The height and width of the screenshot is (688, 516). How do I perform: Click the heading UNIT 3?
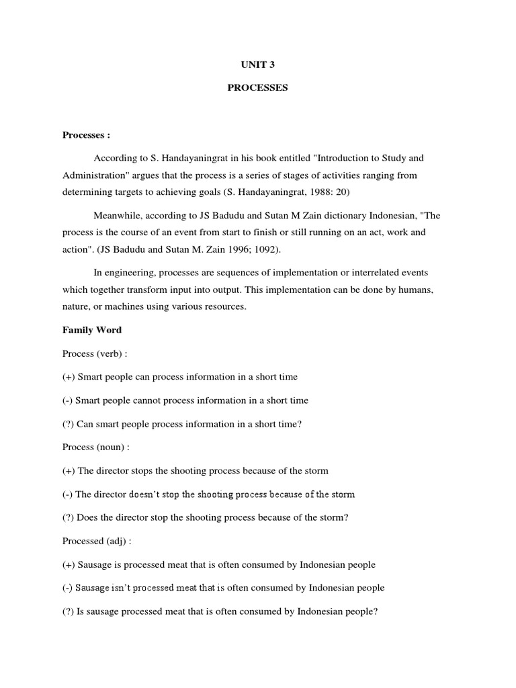257,65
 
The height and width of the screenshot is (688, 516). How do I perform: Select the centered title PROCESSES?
257,88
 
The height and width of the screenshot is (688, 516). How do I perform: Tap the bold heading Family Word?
92,330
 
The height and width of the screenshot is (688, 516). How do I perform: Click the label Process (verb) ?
95,353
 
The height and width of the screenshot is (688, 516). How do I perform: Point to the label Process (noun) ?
96,447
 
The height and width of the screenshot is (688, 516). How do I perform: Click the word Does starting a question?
89,517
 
